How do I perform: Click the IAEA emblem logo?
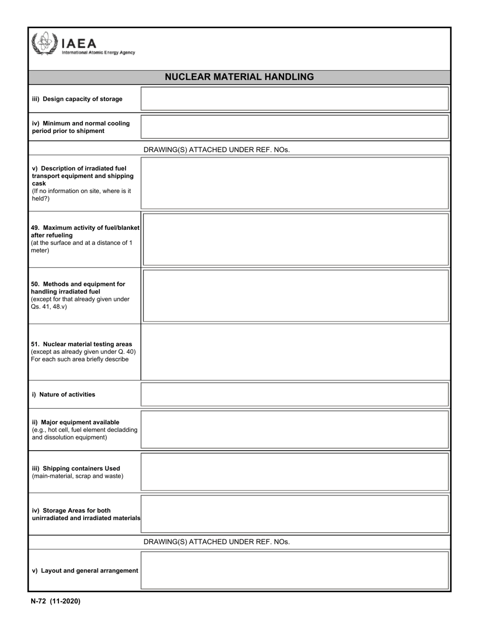44,43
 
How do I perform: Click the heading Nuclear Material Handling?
239,77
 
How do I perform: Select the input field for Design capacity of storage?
294,99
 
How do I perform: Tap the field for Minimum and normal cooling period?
294,127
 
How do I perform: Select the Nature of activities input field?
294,394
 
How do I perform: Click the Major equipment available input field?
294,429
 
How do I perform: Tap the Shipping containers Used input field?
294,472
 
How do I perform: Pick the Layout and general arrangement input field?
294,570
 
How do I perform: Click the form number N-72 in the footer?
39,601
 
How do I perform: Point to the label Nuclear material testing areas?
82,344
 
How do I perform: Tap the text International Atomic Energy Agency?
98,52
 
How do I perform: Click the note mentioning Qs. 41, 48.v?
49,306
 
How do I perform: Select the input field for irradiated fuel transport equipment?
294,183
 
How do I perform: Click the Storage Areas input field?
294,514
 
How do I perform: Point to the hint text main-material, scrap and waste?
78,476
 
